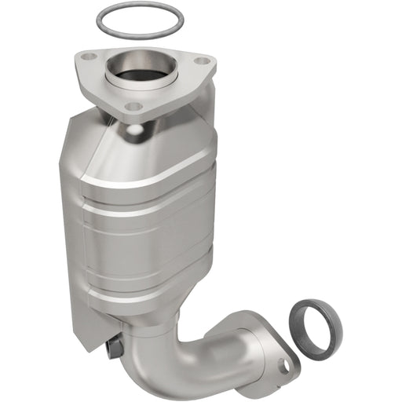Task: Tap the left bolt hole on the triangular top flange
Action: coord(89,57)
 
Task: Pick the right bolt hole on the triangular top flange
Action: coord(203,60)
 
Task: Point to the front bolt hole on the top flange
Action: coord(134,106)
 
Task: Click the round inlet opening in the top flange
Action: coord(142,71)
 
